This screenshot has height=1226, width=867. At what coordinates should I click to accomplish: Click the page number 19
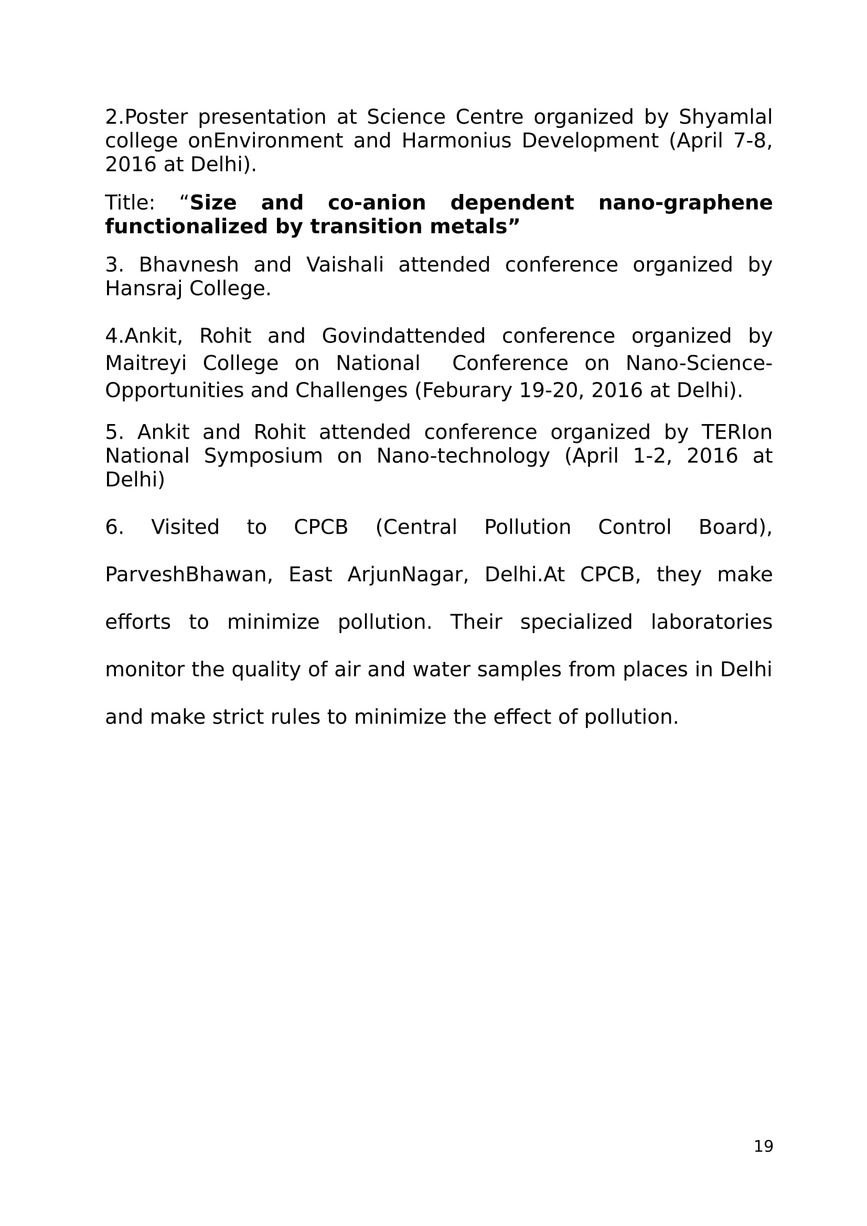[763, 1146]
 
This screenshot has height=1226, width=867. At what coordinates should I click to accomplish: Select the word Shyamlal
[725, 117]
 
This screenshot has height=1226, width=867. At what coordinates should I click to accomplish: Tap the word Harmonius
[456, 140]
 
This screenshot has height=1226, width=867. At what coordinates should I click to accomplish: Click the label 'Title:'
[130, 203]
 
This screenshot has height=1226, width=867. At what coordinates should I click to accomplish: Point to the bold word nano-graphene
[685, 203]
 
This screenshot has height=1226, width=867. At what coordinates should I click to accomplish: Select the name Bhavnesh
[189, 265]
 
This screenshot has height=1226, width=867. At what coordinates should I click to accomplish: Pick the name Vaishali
[345, 265]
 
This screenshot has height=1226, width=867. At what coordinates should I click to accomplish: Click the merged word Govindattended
[403, 336]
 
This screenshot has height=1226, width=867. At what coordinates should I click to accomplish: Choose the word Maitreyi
[145, 363]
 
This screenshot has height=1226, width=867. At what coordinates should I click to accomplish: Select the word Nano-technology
[463, 456]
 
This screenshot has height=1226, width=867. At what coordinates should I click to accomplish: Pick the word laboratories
[711, 622]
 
